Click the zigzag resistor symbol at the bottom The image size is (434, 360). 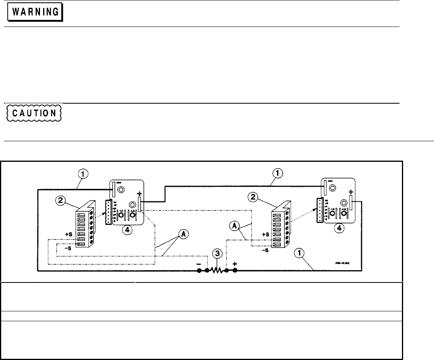click(216, 271)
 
